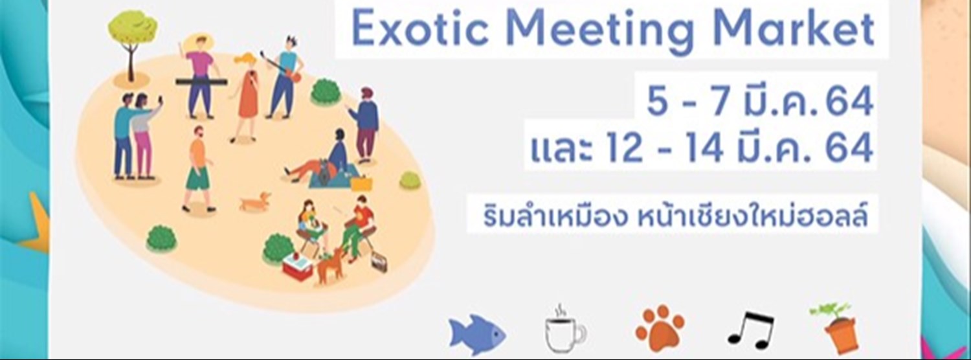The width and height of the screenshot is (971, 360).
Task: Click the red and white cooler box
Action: pyautogui.click(x=298, y=266)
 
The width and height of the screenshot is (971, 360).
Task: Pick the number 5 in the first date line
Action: pyautogui.click(x=657, y=103)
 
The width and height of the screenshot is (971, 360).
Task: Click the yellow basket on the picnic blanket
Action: pyautogui.click(x=360, y=184)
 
